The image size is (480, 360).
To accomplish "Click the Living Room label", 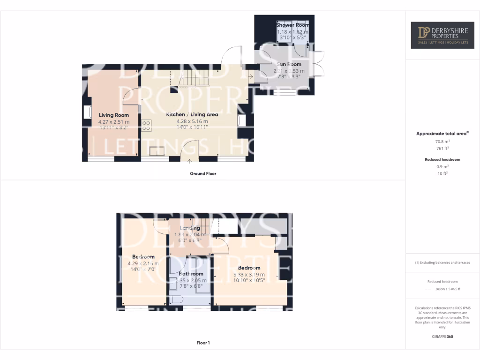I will click(x=113, y=115).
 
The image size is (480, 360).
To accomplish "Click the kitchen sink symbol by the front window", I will click(x=157, y=150).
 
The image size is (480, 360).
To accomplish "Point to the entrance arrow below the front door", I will click(x=189, y=163).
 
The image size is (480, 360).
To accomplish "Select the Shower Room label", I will click(x=292, y=25).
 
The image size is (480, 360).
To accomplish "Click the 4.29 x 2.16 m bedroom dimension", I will click(x=143, y=263).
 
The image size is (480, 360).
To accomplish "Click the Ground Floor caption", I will click(x=202, y=173).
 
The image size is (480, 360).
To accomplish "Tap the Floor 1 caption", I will click(x=202, y=343).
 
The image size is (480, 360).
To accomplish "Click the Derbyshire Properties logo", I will click(x=442, y=35).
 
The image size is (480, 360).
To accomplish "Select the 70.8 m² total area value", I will click(x=442, y=141).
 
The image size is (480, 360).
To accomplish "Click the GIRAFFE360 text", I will click(x=442, y=337).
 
